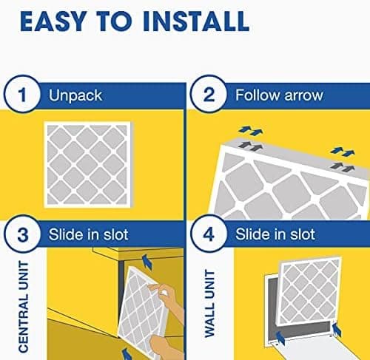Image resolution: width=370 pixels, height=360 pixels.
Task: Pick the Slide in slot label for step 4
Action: click(x=274, y=235)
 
